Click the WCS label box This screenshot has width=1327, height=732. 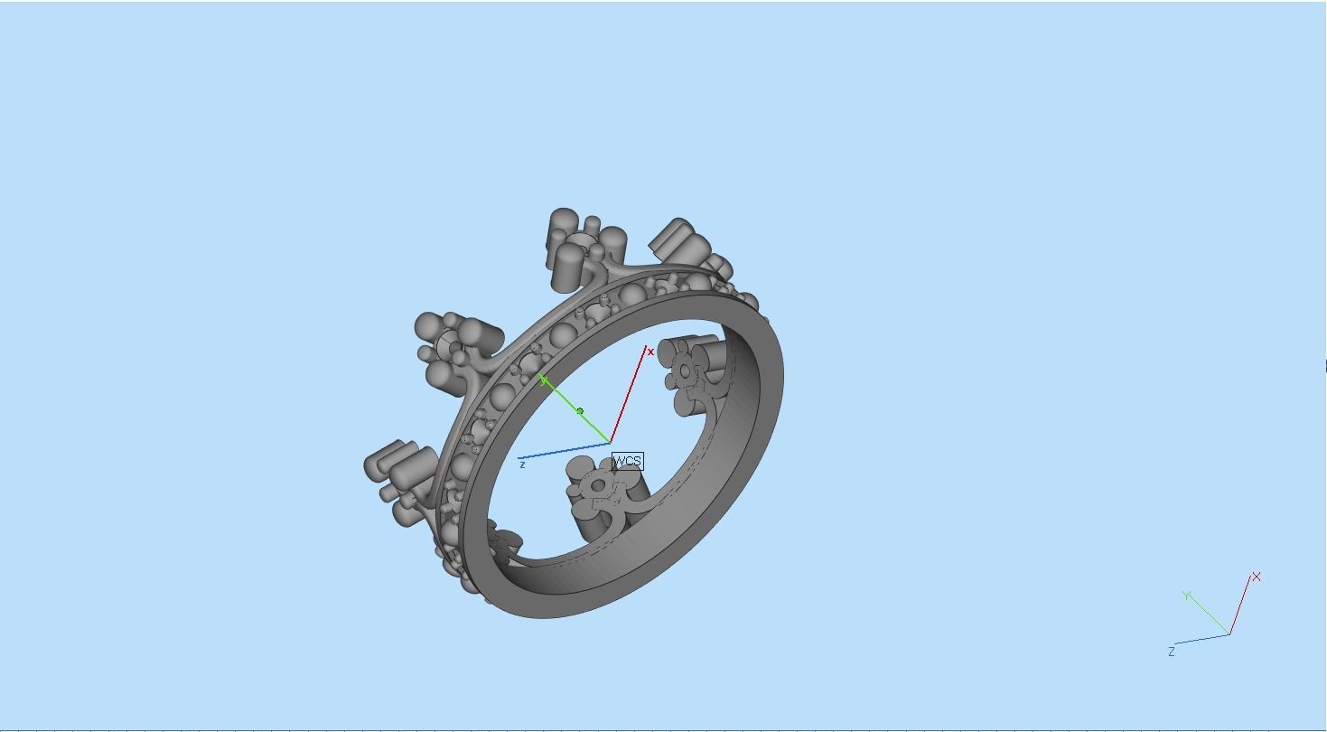point(627,462)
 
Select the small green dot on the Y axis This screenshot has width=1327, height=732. point(580,411)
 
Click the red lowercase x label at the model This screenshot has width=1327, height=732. point(650,352)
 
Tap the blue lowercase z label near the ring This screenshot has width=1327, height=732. point(522,465)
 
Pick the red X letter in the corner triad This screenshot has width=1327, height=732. point(1256,577)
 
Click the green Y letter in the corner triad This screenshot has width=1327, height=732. point(1187,595)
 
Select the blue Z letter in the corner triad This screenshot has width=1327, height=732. point(1172,652)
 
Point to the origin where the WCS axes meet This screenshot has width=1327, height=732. point(611,443)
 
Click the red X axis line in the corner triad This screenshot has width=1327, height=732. point(1240,605)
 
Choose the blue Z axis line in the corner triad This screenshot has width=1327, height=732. point(1201,639)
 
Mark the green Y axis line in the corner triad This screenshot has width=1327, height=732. point(1209,614)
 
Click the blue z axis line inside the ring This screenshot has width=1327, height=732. point(565,451)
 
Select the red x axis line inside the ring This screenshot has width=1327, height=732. point(629,395)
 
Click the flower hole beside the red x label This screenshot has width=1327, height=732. point(686,371)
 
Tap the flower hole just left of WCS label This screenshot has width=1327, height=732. point(597,486)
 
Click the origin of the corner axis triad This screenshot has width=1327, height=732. point(1229,633)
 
